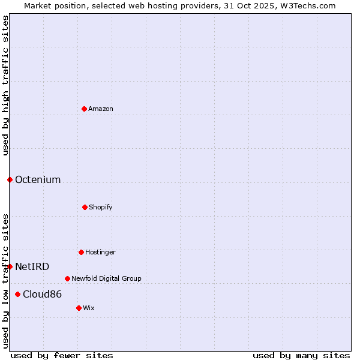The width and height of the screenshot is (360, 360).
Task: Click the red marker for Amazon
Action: tap(84, 109)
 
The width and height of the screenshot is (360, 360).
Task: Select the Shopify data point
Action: tap(85, 207)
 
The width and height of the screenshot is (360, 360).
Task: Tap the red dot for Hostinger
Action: tap(81, 252)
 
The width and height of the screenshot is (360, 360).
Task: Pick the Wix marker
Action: tap(79, 308)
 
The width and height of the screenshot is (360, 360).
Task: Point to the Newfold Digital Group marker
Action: tap(67, 278)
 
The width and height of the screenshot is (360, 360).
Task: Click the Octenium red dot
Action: tap(10, 179)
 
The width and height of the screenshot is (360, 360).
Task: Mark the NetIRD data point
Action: tap(10, 266)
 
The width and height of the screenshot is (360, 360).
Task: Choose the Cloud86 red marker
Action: tap(17, 294)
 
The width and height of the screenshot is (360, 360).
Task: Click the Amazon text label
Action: tap(101, 109)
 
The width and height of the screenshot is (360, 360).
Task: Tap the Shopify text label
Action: tap(101, 207)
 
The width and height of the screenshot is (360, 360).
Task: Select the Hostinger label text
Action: tap(100, 252)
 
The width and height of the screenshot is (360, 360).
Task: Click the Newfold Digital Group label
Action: tap(106, 278)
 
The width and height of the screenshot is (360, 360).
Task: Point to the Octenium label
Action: tap(38, 179)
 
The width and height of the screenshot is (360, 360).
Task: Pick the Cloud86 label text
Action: tap(42, 294)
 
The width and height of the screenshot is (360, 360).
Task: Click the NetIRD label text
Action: tap(32, 266)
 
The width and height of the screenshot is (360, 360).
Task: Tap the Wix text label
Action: tap(89, 308)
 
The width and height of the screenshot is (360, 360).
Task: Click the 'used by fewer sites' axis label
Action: tap(62, 355)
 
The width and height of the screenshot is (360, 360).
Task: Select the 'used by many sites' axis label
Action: tap(301, 355)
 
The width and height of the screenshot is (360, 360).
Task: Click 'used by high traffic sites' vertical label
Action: tap(5, 85)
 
